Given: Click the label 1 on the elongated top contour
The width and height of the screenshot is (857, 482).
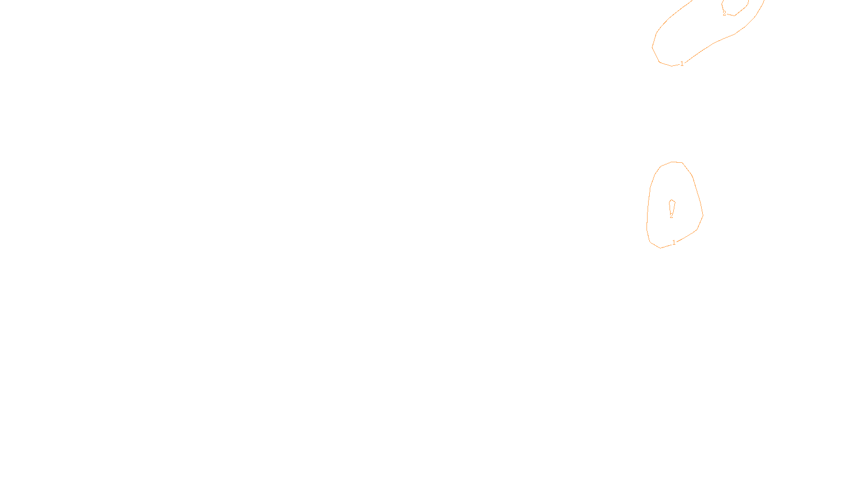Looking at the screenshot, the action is pyautogui.click(x=682, y=64).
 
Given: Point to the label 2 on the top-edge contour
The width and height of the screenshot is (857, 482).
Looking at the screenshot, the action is pyautogui.click(x=724, y=13).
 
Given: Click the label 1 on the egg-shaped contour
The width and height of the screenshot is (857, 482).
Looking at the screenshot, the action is pyautogui.click(x=674, y=243).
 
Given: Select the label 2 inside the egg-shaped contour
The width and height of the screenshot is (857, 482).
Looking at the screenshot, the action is pyautogui.click(x=671, y=215).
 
